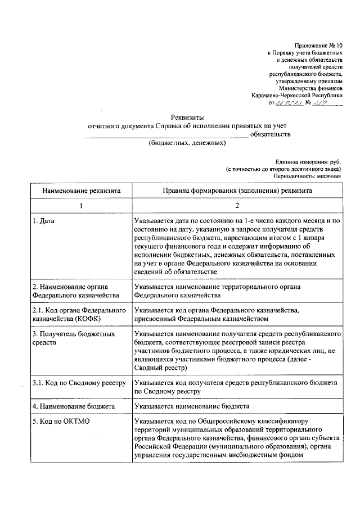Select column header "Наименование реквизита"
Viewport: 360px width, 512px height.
point(80,191)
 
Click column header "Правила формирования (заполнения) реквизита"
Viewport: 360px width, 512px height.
point(237,191)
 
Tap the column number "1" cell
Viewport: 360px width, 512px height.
point(80,206)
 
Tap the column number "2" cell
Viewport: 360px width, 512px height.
point(237,206)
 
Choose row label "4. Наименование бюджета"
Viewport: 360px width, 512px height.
point(74,406)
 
